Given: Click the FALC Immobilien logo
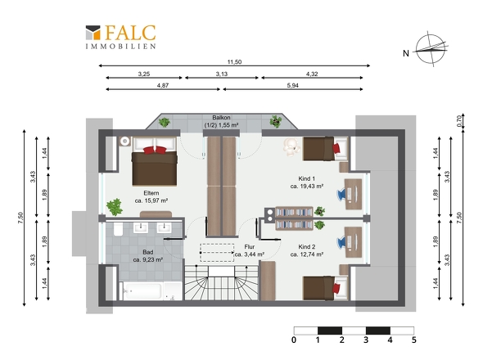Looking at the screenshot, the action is pos(120,37).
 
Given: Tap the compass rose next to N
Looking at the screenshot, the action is pos(431,48).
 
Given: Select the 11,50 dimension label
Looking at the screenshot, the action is pos(234,62).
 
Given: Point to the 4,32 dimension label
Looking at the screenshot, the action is pos(312,74).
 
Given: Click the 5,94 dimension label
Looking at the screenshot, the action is pos(292,85).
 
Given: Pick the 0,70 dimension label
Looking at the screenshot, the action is pos(459,121).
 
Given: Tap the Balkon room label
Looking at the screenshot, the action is pos(221,117).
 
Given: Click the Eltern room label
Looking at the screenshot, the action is pos(151,193).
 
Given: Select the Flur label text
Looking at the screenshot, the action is pos(249,246).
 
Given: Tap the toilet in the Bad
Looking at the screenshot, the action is pos(118,229).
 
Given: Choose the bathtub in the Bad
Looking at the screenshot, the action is pos(142,290).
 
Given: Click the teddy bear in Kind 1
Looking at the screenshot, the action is pos(291,147).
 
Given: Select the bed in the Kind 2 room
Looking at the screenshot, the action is pos(325,288).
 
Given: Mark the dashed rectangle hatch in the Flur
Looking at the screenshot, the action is pos(217,253).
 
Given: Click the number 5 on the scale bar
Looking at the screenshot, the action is pos(413,340).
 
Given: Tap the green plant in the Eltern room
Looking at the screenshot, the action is pos(115,207).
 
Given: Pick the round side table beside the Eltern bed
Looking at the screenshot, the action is pos(124,142).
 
